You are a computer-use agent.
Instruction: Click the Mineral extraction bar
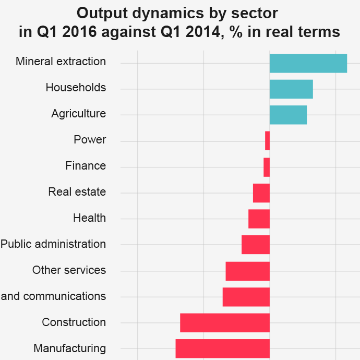pos(308,63)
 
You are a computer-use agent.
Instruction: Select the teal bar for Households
pos(291,89)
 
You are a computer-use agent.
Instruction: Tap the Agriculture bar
pos(288,115)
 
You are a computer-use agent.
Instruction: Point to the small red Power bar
pos(267,141)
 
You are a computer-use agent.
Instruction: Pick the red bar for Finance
pos(267,167)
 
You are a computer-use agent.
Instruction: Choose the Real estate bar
pos(261,193)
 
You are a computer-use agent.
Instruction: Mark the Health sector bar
pos(259,219)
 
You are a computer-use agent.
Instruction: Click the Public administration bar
pos(255,245)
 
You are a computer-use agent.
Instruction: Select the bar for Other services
pos(247,271)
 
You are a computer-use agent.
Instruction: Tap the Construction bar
pos(224,322)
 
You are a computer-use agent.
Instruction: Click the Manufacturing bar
pos(222,349)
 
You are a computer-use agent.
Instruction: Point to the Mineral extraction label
pos(61,62)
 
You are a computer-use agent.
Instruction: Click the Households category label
pos(76,88)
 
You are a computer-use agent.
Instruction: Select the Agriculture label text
pos(78,114)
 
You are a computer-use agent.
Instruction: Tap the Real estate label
pos(77,192)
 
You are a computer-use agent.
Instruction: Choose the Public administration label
pos(53,244)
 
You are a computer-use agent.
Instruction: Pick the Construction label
pos(74,322)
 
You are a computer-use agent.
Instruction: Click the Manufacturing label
pos(69,349)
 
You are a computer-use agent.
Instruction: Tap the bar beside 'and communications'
pos(246,297)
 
